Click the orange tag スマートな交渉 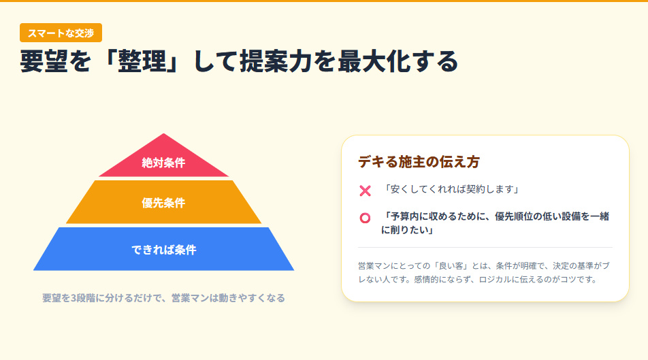tap(61, 33)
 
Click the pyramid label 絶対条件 tap(163, 163)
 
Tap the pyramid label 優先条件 tap(163, 203)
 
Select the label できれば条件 tap(163, 250)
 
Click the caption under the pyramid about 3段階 tap(163, 298)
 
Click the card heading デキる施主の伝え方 tap(419, 162)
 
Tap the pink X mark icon tap(365, 191)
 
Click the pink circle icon tap(365, 218)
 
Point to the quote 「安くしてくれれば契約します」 tap(451, 189)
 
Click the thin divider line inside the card tap(485, 247)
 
